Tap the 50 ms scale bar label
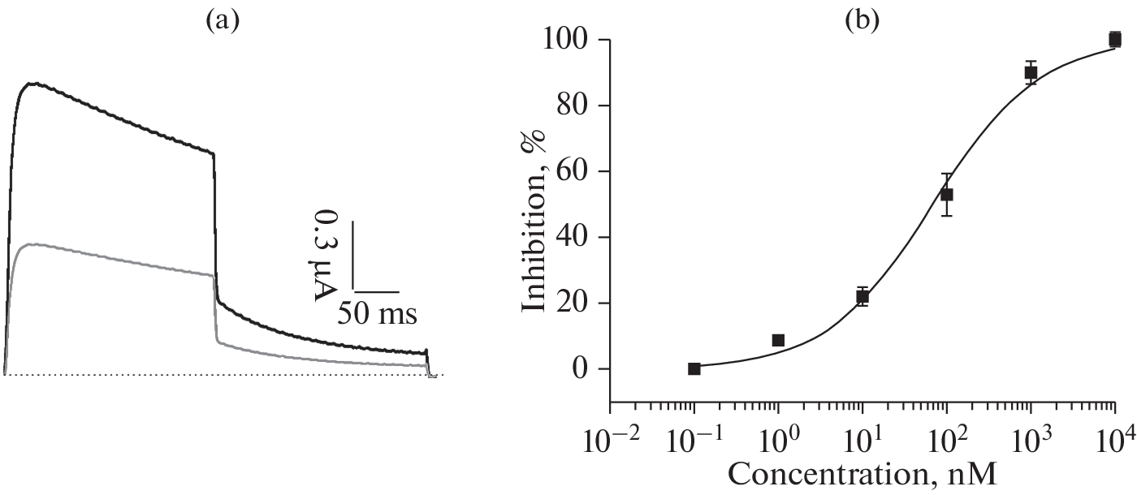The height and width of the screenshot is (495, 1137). pyautogui.click(x=378, y=313)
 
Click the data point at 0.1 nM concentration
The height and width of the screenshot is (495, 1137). pyautogui.click(x=694, y=368)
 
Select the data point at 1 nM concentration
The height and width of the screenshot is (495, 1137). pyautogui.click(x=778, y=340)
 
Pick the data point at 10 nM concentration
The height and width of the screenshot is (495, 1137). pyautogui.click(x=862, y=297)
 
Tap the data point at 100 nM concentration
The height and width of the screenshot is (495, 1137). pyautogui.click(x=946, y=195)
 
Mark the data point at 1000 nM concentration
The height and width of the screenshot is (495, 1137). pyautogui.click(x=1031, y=72)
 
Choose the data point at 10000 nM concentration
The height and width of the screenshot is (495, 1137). pyautogui.click(x=1115, y=39)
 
